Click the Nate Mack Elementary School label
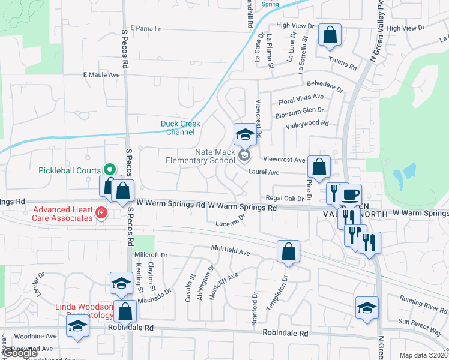pos(200,156)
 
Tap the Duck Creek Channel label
pos(181,128)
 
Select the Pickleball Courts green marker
pos(110,170)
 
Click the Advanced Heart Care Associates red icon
pos(101,212)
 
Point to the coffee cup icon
pos(350,195)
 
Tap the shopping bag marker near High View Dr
pos(330,36)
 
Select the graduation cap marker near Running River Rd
pos(367,308)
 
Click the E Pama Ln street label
pos(142,28)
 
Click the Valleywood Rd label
pos(307,124)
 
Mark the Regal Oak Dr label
pos(282,198)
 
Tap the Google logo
pos(20,353)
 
